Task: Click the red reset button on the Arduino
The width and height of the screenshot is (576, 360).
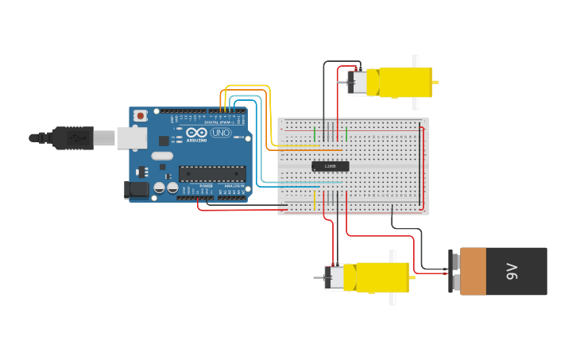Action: click(141, 116)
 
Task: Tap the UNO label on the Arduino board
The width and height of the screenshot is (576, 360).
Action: click(220, 133)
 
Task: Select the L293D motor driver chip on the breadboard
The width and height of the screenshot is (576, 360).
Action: click(330, 166)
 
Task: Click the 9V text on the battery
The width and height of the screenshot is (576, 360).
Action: click(512, 272)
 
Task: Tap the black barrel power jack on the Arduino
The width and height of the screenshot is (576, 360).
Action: click(137, 189)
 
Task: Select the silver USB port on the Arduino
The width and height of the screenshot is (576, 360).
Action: click(132, 138)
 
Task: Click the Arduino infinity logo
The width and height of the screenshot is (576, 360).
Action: click(196, 133)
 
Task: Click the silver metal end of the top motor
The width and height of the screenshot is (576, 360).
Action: click(358, 82)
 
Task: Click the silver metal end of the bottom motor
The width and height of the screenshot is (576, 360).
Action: click(334, 277)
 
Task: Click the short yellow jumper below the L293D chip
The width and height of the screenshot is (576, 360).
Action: click(315, 200)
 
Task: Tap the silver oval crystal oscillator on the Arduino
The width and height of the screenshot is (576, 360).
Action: click(161, 156)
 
